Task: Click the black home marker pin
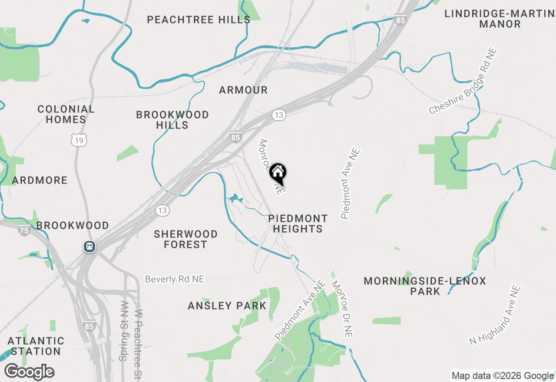[278, 173]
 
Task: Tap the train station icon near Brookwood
[89, 247]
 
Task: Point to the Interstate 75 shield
[24, 230]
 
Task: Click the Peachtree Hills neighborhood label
[199, 20]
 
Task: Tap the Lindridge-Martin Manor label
[500, 19]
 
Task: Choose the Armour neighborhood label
[243, 90]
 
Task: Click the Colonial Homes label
[66, 114]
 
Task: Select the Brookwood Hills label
[172, 120]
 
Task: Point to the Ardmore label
[40, 180]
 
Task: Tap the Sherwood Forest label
[185, 239]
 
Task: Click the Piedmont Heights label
[298, 224]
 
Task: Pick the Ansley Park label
[227, 306]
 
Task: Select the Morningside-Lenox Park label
[425, 286]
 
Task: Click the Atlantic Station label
[36, 346]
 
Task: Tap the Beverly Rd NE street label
[175, 279]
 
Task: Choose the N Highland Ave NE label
[495, 315]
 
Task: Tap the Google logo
[29, 372]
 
